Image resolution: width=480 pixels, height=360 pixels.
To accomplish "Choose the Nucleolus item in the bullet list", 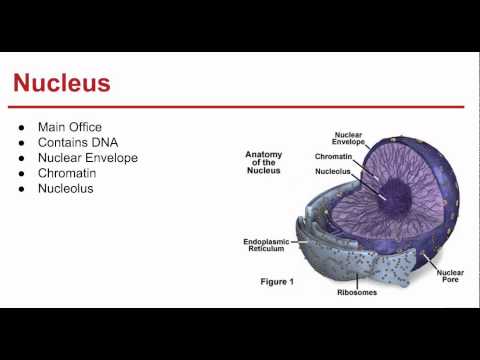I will pyautogui.click(x=66, y=188).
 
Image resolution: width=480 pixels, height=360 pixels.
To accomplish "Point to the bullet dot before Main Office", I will pyautogui.click(x=21, y=128).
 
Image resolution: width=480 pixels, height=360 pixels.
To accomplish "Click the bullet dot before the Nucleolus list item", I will pyautogui.click(x=21, y=189).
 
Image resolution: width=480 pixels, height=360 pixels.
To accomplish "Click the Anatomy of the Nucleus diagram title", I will pyautogui.click(x=268, y=162).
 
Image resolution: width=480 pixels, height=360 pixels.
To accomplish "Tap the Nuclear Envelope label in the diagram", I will pyautogui.click(x=348, y=138).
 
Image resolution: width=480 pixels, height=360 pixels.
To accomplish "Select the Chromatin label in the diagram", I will pyautogui.click(x=332, y=157).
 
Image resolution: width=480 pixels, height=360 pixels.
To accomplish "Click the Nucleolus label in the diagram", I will pyautogui.click(x=332, y=172).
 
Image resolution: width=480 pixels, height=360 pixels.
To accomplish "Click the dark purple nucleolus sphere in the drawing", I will pyautogui.click(x=384, y=194).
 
